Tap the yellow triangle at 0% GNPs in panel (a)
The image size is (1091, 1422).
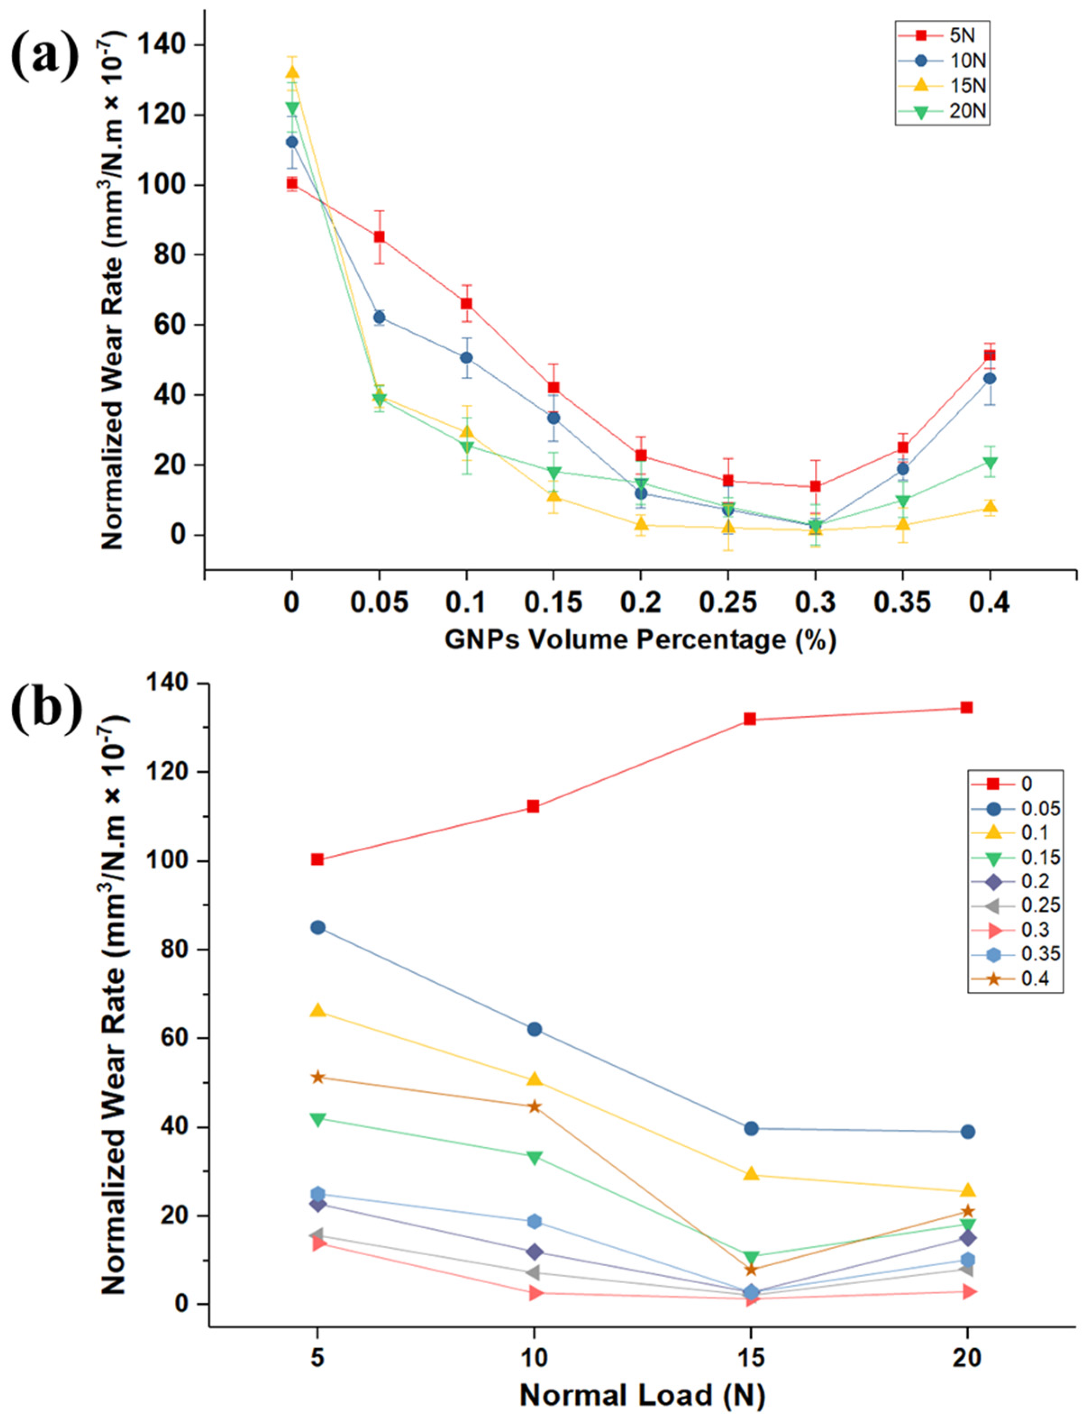coord(292,72)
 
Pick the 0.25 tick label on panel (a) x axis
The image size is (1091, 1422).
coord(728,603)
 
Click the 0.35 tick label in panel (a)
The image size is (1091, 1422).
coord(902,603)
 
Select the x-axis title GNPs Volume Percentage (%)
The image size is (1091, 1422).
coord(640,640)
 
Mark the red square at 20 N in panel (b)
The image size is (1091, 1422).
coord(966,708)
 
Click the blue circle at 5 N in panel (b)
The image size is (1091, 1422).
coord(318,927)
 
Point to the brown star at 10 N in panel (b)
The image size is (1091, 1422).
coord(534,1106)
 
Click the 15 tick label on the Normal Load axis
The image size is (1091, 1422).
coord(750,1358)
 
